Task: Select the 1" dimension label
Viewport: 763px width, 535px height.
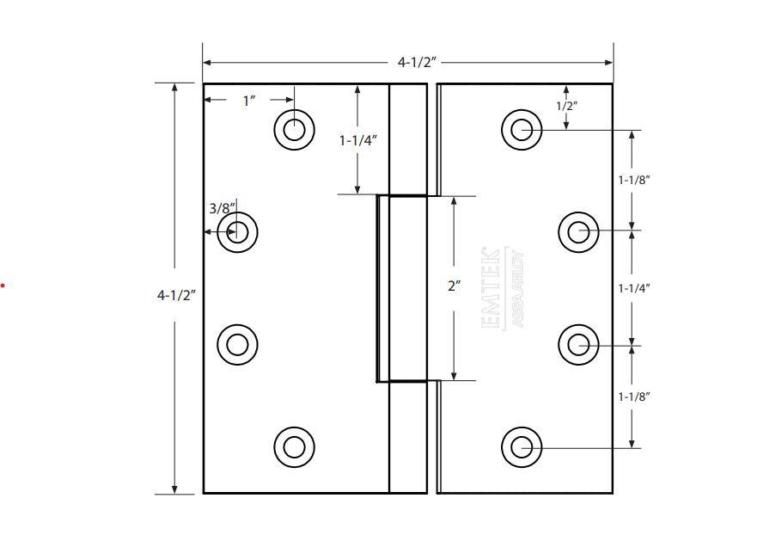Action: click(249, 101)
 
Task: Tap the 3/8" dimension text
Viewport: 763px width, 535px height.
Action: click(222, 208)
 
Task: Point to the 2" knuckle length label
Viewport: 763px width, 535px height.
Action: click(454, 286)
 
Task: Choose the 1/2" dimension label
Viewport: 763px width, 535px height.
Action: click(566, 106)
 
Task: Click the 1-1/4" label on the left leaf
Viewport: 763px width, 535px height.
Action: click(358, 140)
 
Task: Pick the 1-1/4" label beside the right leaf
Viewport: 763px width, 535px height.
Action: click(634, 288)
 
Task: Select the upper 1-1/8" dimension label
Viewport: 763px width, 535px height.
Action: click(634, 180)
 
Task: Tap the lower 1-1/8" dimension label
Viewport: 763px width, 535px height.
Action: click(634, 397)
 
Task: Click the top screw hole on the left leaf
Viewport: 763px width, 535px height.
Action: click(294, 130)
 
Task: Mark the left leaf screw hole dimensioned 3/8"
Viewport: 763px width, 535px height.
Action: click(238, 231)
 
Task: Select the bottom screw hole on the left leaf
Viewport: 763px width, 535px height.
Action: click(294, 446)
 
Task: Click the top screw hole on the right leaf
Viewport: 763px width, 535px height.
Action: click(522, 130)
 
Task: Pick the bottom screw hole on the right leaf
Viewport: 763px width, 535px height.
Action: click(522, 446)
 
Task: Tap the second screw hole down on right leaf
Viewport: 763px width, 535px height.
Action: click(578, 231)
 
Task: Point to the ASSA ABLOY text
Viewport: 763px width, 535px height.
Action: click(517, 289)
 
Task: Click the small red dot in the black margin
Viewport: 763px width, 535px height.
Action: click(3, 285)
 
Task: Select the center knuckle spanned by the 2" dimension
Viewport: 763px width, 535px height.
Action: click(402, 288)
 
